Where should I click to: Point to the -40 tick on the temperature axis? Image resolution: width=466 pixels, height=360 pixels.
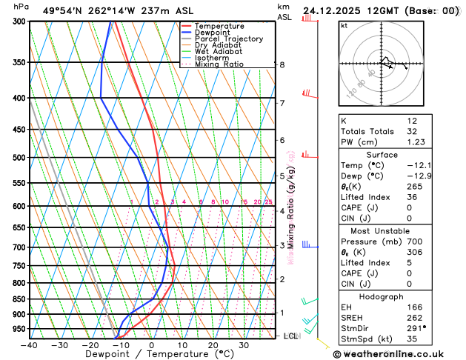(28, 345)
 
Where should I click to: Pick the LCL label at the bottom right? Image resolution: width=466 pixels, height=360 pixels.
(291, 336)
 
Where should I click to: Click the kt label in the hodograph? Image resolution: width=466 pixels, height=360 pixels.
(344, 25)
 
